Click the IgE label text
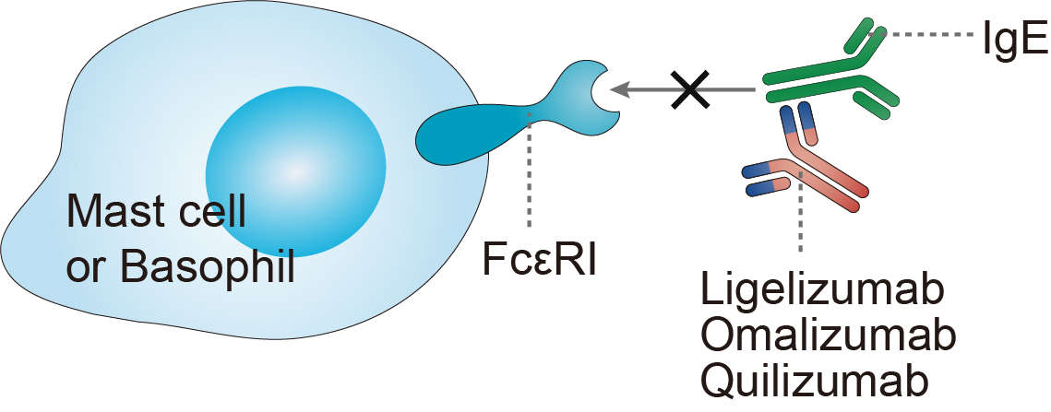[x=1013, y=39]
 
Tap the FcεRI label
[x=540, y=259]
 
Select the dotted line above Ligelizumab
[x=801, y=217]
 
